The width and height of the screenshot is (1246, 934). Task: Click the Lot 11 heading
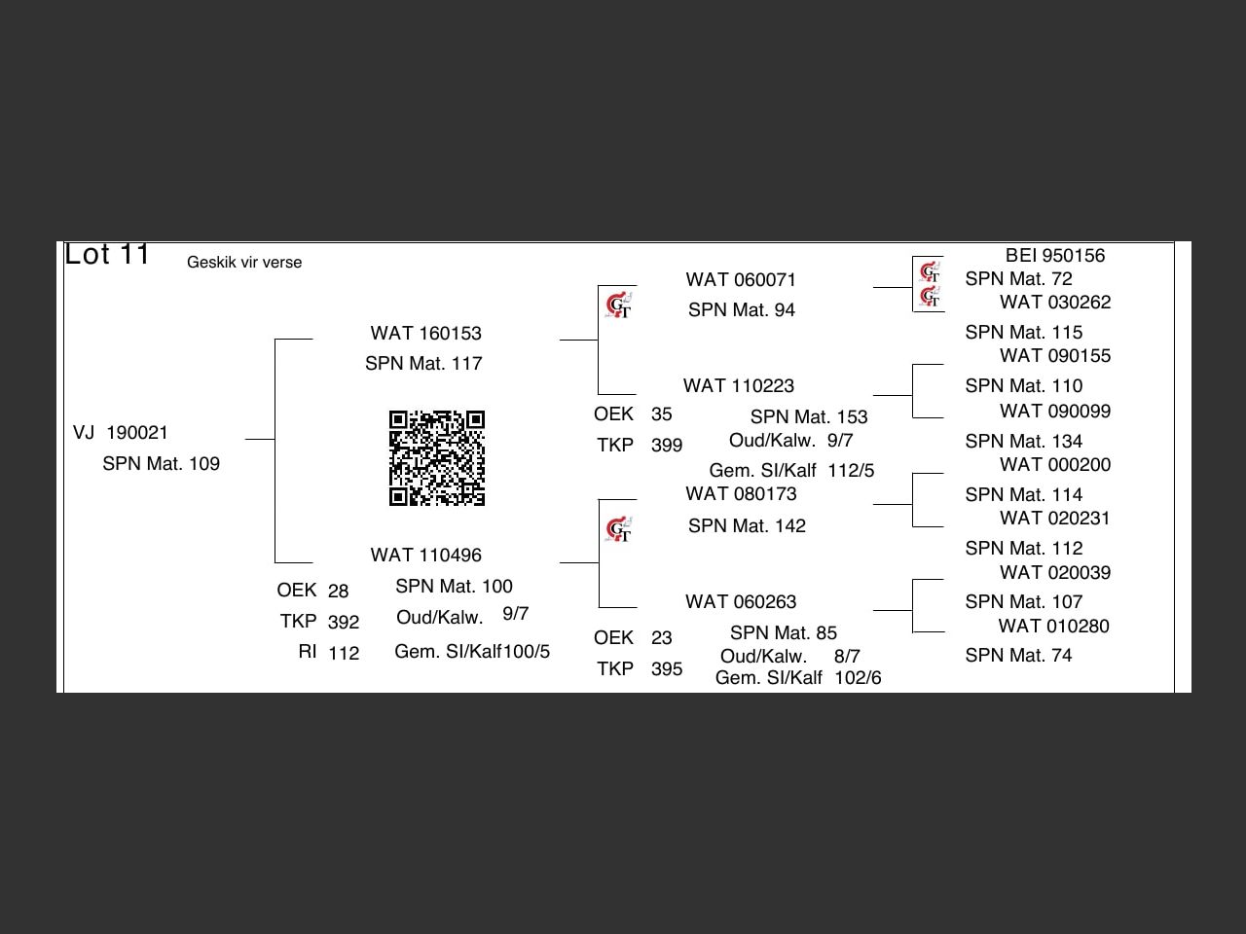tap(107, 255)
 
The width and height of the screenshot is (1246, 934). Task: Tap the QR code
tap(437, 458)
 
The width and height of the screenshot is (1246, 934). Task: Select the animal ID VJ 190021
tap(121, 433)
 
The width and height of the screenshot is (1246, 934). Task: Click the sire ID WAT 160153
tap(425, 334)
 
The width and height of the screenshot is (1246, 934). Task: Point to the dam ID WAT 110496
tap(425, 556)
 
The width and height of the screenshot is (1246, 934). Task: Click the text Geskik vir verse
tap(244, 263)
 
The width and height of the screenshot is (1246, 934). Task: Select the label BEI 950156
tap(1055, 256)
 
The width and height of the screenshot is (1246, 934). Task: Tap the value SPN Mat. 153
tap(808, 417)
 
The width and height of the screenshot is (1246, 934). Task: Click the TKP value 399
tap(667, 446)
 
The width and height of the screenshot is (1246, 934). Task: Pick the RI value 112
tap(344, 654)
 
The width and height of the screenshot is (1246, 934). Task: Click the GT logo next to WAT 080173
tap(618, 530)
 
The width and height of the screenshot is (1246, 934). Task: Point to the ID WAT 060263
tap(741, 602)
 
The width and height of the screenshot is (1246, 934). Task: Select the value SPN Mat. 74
tap(1018, 656)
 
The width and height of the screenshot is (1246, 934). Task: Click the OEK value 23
tap(662, 638)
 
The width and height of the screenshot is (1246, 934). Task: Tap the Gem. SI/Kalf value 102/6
tap(858, 678)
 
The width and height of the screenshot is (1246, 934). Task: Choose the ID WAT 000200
tap(1055, 465)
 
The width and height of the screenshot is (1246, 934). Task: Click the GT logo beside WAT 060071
tap(618, 306)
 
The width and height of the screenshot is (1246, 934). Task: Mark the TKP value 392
tap(344, 623)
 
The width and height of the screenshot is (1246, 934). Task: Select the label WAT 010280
tap(1053, 627)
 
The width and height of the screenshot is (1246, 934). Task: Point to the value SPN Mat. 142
tap(747, 526)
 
